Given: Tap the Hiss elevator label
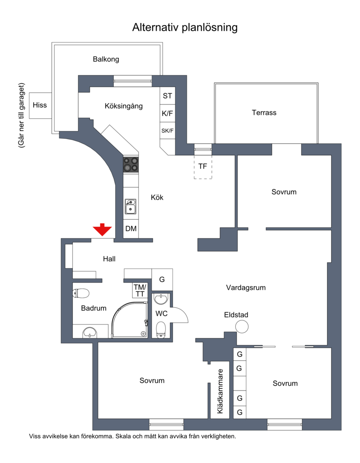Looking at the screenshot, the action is pyautogui.click(x=40, y=105).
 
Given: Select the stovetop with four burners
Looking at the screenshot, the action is pyautogui.click(x=131, y=165).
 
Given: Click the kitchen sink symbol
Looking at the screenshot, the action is pyautogui.click(x=130, y=207).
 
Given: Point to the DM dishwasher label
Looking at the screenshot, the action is pyautogui.click(x=131, y=229).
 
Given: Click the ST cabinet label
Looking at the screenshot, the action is pyautogui.click(x=167, y=96).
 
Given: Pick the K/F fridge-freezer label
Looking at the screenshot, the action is pyautogui.click(x=167, y=113).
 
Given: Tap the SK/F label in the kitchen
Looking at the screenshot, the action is pyautogui.click(x=167, y=130).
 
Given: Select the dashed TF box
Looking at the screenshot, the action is pyautogui.click(x=203, y=166).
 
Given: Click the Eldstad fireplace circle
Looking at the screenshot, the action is pyautogui.click(x=242, y=327).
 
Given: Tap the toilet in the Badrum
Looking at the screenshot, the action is pyautogui.click(x=81, y=293).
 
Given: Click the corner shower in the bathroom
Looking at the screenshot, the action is pyautogui.click(x=130, y=319).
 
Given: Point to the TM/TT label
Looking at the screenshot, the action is pyautogui.click(x=139, y=291).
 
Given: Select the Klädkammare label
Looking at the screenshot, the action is pyautogui.click(x=220, y=391).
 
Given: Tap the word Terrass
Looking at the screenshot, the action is pyautogui.click(x=264, y=112).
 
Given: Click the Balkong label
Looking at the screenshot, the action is pyautogui.click(x=106, y=59).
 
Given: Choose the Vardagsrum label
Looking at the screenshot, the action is pyautogui.click(x=246, y=288).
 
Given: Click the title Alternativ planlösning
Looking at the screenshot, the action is pyautogui.click(x=185, y=27).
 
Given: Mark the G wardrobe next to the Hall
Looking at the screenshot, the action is pyautogui.click(x=162, y=279).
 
